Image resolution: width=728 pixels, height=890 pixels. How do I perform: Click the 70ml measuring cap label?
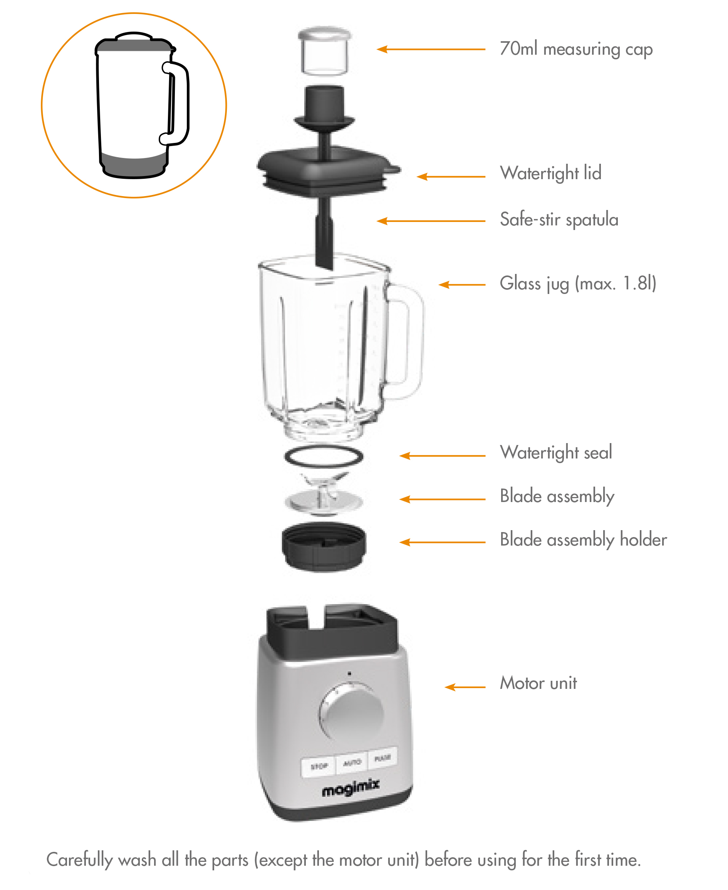pyautogui.click(x=576, y=49)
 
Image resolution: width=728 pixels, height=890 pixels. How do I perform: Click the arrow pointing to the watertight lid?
pyautogui.click(x=451, y=176)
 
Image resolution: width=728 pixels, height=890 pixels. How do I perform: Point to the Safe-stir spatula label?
pyautogui.click(x=559, y=219)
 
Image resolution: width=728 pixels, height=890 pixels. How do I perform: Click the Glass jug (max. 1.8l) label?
pyautogui.click(x=577, y=283)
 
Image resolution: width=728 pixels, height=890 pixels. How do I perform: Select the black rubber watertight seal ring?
pyautogui.click(x=323, y=456)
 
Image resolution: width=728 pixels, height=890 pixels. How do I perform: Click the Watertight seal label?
pyautogui.click(x=556, y=452)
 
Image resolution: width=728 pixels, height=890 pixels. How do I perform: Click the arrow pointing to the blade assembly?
pyautogui.click(x=442, y=499)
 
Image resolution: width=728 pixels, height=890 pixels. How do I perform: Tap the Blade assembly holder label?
pyautogui.click(x=583, y=539)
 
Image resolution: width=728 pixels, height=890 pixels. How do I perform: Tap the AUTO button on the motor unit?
pyautogui.click(x=352, y=762)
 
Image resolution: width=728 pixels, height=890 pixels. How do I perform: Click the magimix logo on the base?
pyautogui.click(x=351, y=789)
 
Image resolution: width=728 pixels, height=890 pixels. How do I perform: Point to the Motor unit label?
pyautogui.click(x=538, y=683)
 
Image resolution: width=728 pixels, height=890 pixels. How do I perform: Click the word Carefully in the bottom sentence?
pyautogui.click(x=79, y=860)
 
